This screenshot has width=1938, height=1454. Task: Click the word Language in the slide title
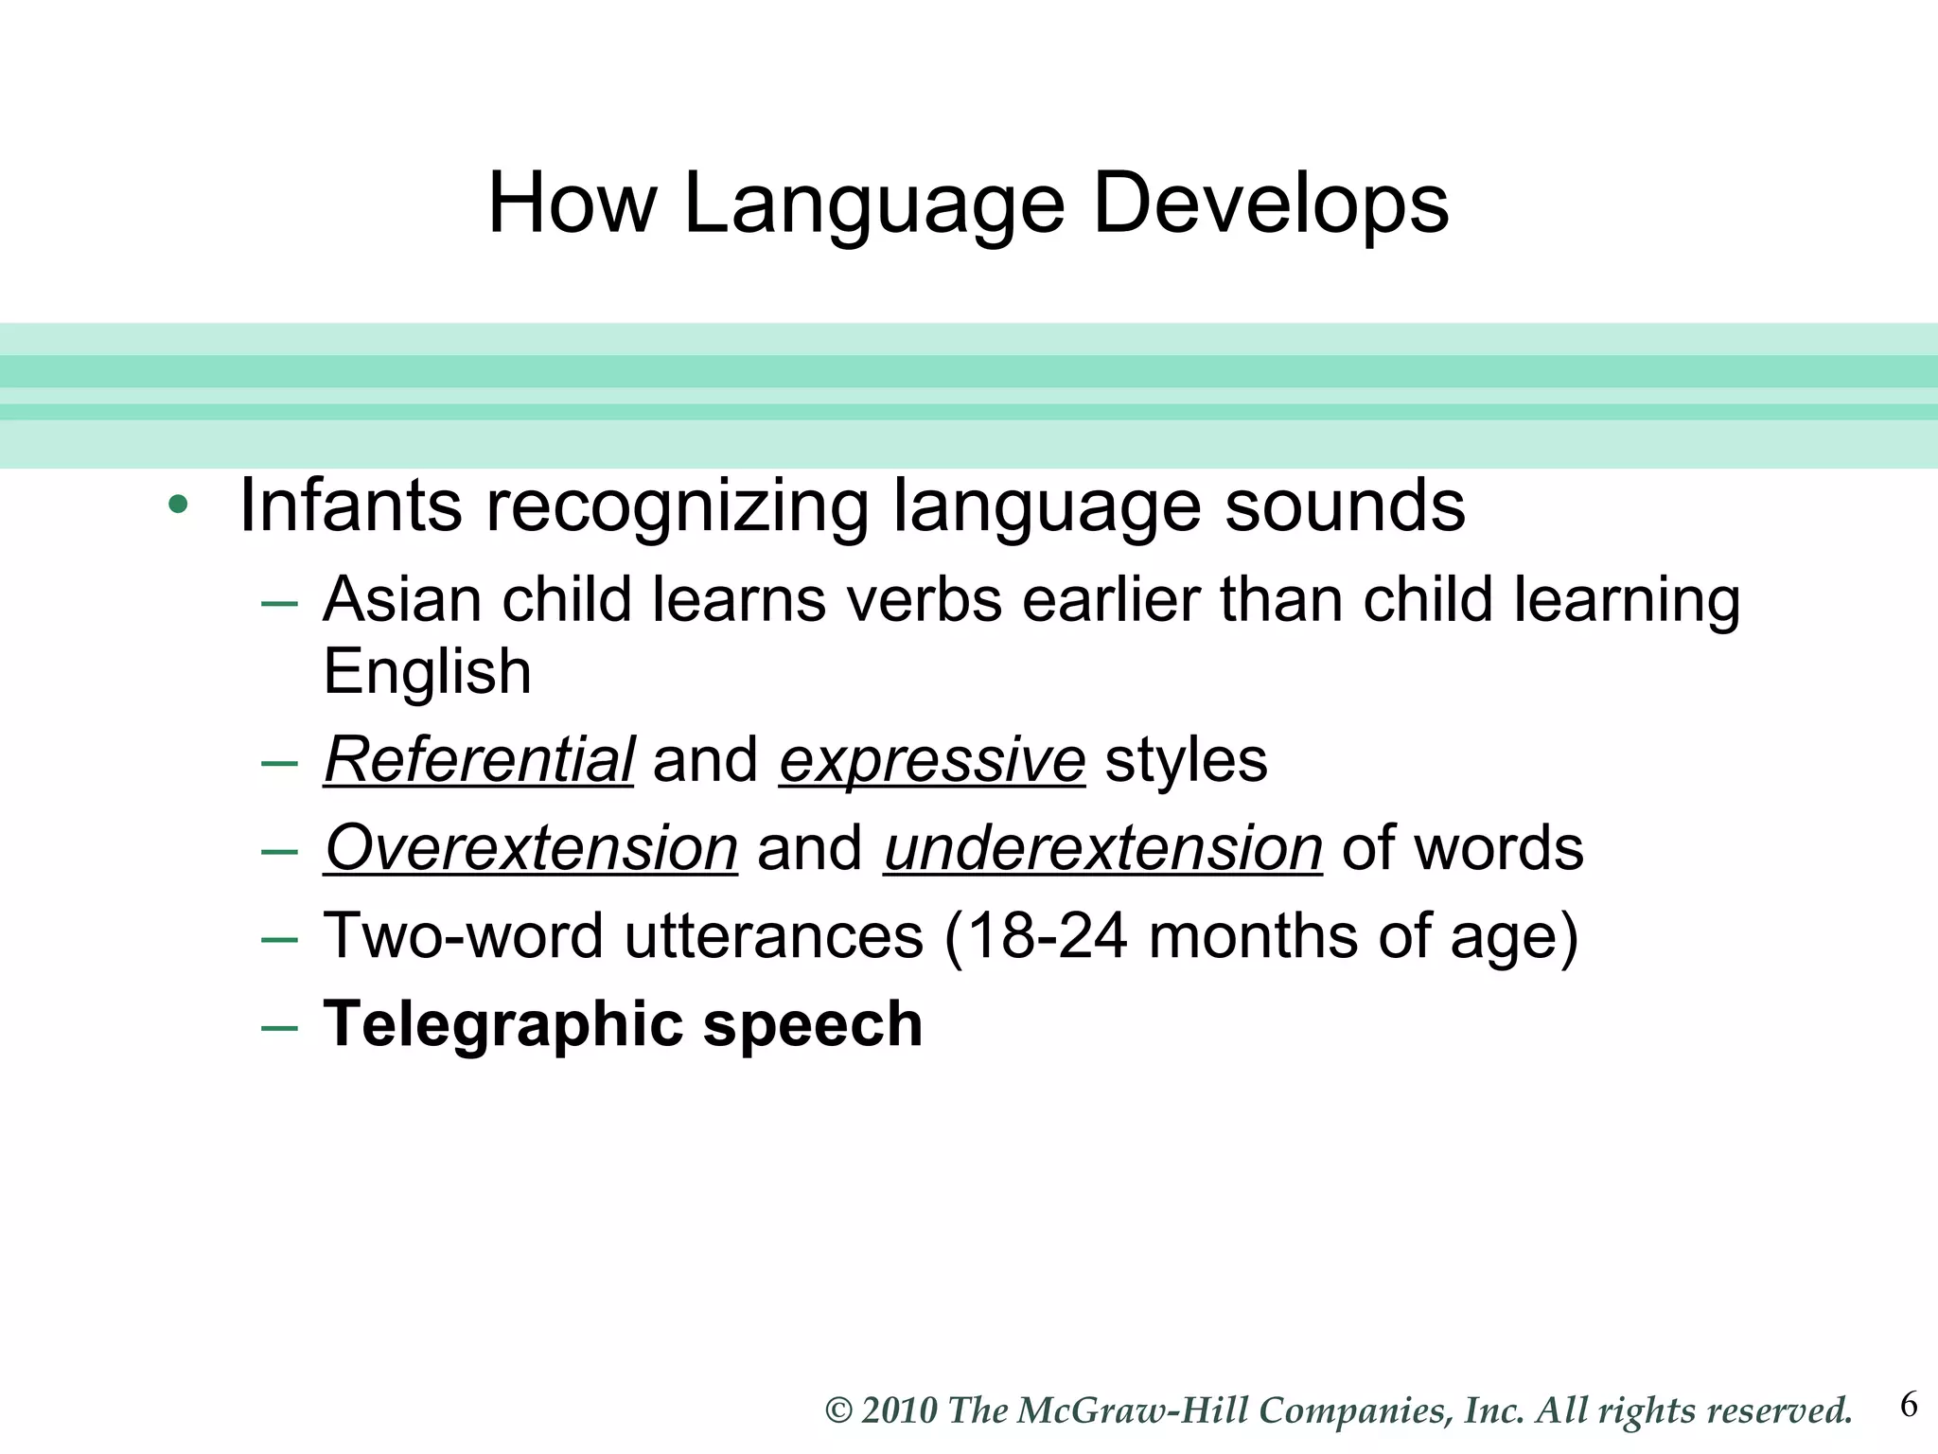pyautogui.click(x=873, y=205)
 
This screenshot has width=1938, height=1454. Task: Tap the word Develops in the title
pyautogui.click(x=1270, y=205)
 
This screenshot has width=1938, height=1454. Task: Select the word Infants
pyautogui.click(x=350, y=505)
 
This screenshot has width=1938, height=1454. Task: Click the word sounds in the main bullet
pyautogui.click(x=1345, y=505)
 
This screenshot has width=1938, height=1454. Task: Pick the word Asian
pyautogui.click(x=402, y=599)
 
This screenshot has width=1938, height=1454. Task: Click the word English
pyautogui.click(x=427, y=672)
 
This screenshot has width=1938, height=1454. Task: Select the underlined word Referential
pyautogui.click(x=479, y=759)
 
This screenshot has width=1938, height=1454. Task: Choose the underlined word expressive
pyautogui.click(x=932, y=759)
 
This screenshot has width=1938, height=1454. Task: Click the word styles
pyautogui.click(x=1186, y=759)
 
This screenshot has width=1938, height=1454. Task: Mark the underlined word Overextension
pyautogui.click(x=531, y=847)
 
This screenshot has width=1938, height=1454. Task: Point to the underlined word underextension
pyautogui.click(x=1102, y=847)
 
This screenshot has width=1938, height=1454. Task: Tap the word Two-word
pyautogui.click(x=463, y=935)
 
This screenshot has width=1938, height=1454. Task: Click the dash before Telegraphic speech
pyautogui.click(x=279, y=1027)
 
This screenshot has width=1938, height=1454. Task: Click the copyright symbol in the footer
pyautogui.click(x=839, y=1410)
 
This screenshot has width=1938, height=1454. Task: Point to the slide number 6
pyautogui.click(x=1909, y=1405)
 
